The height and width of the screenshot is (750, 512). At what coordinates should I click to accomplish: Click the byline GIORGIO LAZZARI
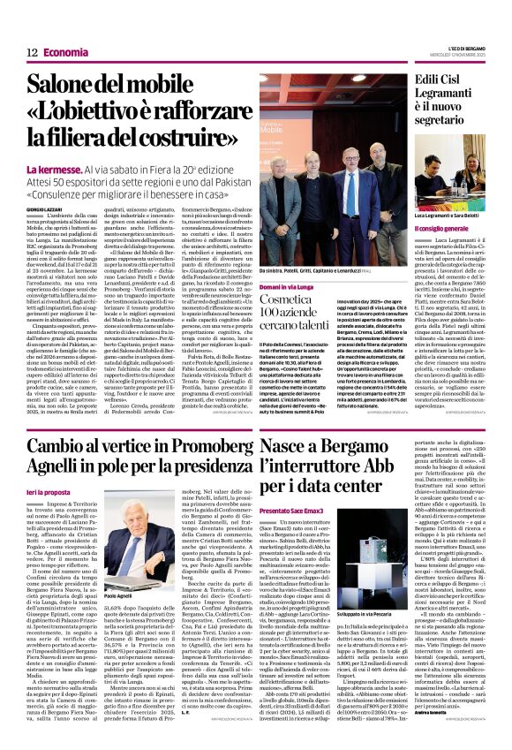45,208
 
